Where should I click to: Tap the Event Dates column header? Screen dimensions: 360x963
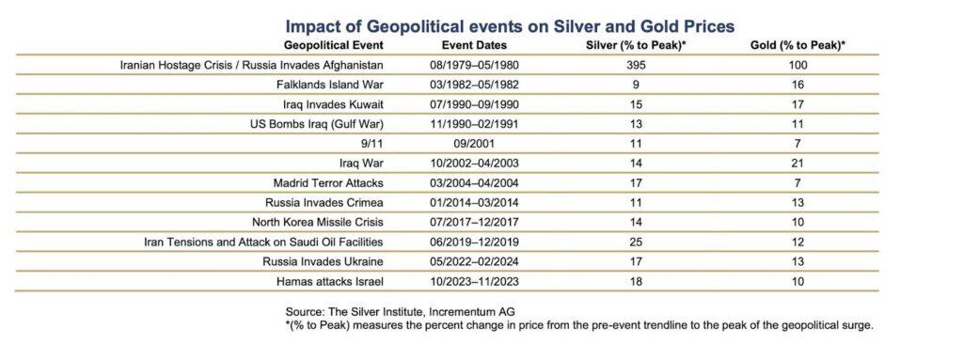coord(474,45)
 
